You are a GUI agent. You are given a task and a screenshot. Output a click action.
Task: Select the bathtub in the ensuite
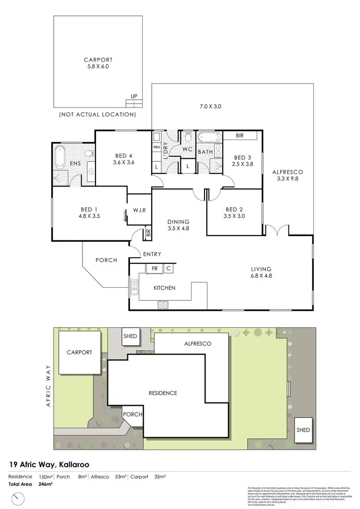[60, 156]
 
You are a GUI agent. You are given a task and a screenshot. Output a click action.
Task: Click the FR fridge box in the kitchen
[155, 269]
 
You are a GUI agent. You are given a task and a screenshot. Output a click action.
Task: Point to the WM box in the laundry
[156, 147]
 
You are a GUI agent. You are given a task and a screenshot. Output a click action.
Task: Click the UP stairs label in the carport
[133, 96]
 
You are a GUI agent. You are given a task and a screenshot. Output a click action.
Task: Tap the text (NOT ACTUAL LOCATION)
[97, 115]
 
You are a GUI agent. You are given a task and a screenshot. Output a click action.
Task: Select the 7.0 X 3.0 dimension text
[210, 107]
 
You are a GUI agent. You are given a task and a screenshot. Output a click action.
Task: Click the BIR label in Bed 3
[240, 136]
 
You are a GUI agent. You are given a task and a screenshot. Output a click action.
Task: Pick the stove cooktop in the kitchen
[162, 304]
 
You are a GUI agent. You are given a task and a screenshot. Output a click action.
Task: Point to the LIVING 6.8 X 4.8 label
[261, 272]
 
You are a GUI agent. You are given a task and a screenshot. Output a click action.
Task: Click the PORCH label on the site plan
[131, 414]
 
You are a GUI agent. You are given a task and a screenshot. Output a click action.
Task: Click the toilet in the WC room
[188, 138]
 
